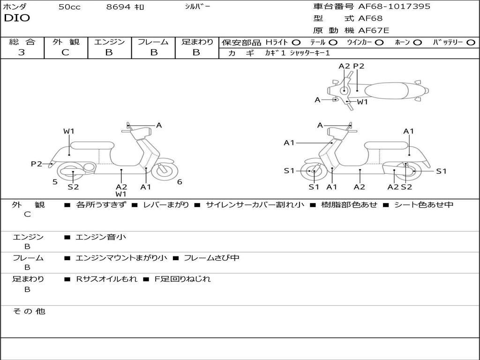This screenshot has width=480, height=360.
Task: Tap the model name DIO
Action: pos(17,18)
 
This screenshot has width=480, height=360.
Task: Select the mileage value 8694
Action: pos(119,7)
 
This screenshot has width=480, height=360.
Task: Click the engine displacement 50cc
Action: pos(69,7)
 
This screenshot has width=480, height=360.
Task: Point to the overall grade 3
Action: pos(22,52)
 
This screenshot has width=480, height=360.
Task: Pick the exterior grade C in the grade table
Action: pos(65,52)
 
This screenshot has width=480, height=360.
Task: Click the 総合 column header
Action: pos(22,42)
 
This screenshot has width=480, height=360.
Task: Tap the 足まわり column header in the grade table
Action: pos(197,42)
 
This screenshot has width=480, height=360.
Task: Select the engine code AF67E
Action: pos(374,31)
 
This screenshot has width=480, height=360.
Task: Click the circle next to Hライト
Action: pos(296,42)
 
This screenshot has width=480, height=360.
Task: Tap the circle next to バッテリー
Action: pos(471,42)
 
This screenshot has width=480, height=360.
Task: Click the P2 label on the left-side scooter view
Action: pos(36,164)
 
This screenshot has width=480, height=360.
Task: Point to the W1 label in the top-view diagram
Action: pos(362,102)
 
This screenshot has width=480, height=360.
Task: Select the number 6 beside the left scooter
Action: pos(180,182)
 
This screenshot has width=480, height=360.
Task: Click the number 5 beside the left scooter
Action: pos(55,182)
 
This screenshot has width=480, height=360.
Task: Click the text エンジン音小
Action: pos(101,237)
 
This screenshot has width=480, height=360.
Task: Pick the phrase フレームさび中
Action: pos(211,258)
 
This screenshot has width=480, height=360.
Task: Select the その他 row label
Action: pos(29,311)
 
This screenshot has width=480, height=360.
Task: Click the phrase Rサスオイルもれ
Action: pos(107,279)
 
